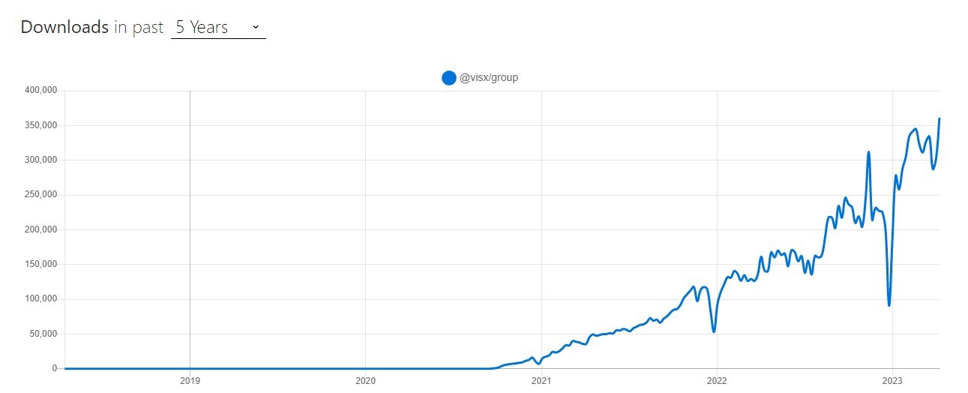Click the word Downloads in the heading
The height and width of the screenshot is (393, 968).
pyautogui.click(x=64, y=27)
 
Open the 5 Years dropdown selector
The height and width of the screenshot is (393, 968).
pyautogui.click(x=218, y=28)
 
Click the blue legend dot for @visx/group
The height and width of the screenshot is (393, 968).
pyautogui.click(x=449, y=77)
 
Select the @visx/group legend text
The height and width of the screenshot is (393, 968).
pyautogui.click(x=489, y=77)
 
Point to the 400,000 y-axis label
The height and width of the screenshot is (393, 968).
pyautogui.click(x=40, y=91)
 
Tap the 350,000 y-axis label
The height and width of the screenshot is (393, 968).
pyautogui.click(x=40, y=125)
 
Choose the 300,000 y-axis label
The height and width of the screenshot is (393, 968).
pyautogui.click(x=40, y=160)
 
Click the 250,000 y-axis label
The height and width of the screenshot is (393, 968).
pyautogui.click(x=40, y=195)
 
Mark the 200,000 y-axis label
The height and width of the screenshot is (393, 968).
pyautogui.click(x=40, y=229)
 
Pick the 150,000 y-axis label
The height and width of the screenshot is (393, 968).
pyautogui.click(x=40, y=264)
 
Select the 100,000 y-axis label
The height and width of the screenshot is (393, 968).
pyautogui.click(x=40, y=299)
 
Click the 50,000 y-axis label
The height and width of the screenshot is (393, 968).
pyautogui.click(x=43, y=334)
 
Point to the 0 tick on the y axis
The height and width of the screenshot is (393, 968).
pyautogui.click(x=55, y=368)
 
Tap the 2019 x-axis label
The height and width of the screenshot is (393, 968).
pyautogui.click(x=190, y=381)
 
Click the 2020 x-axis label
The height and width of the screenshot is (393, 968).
pyautogui.click(x=365, y=381)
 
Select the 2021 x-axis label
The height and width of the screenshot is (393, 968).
pyautogui.click(x=541, y=381)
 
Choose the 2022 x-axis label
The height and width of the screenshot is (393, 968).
pyautogui.click(x=717, y=381)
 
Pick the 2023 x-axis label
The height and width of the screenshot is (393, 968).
pyautogui.click(x=892, y=381)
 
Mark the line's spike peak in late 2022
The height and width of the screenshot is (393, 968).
pyautogui.click(x=868, y=152)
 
